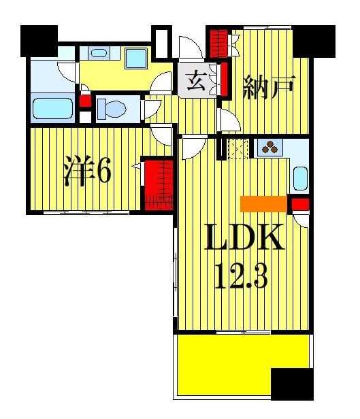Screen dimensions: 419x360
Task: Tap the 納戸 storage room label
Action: click(269, 88)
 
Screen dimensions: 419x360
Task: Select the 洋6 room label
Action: click(88, 173)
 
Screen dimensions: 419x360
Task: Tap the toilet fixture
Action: click(109, 106)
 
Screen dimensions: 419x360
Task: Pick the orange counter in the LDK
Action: click(262, 203)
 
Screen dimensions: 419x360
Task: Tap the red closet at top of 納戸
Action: click(218, 44)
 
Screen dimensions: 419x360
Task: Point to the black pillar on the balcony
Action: click(291, 385)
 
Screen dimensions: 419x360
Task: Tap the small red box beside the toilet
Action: click(85, 101)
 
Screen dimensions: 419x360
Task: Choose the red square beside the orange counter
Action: click(300, 203)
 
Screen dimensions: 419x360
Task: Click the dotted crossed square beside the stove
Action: click(239, 148)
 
